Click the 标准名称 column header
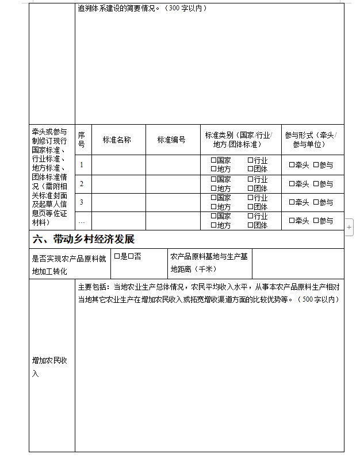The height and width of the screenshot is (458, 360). point(117,140)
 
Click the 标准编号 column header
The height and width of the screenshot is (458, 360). point(171,140)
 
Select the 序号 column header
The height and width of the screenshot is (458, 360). point(81,140)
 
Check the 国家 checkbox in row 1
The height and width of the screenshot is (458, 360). point(213,161)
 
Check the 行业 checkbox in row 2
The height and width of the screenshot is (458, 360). point(250,179)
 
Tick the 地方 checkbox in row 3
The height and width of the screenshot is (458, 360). point(213,206)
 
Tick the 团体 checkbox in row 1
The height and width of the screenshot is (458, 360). point(250,169)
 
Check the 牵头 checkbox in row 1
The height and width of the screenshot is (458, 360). point(292,165)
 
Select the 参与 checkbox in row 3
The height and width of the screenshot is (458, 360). point(316,202)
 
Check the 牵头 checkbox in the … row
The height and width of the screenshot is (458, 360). point(292,221)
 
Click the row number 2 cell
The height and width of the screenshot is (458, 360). point(82,184)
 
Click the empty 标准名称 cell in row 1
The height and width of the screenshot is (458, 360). point(118,165)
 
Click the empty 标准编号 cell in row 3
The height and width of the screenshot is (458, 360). point(172,202)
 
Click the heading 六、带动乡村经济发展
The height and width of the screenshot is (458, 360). point(84,239)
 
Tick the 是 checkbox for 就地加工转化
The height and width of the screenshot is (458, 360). point(117,256)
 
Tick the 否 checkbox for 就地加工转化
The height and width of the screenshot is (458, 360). point(131,256)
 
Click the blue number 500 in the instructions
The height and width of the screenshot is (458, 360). point(307,299)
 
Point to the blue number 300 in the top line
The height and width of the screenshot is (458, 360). point(174,9)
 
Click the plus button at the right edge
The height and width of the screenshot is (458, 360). point(349,228)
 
